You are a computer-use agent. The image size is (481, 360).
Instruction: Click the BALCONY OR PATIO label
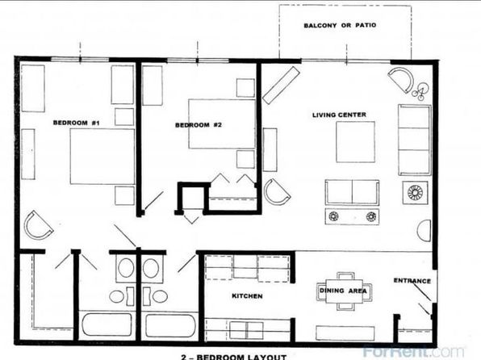(x=340, y=25)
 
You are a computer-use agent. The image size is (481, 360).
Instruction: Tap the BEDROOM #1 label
(x=77, y=123)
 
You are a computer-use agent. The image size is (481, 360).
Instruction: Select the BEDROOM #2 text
(x=199, y=125)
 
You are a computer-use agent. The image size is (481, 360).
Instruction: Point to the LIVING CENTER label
(x=339, y=115)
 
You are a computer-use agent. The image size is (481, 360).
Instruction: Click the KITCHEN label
(x=247, y=296)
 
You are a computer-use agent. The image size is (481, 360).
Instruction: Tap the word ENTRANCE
(x=412, y=281)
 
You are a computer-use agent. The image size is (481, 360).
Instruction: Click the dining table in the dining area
(x=344, y=291)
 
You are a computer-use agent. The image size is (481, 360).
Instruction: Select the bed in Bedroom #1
(x=102, y=157)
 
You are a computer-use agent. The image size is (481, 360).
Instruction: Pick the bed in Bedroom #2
(x=222, y=124)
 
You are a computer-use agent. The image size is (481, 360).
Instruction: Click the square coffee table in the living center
(x=356, y=142)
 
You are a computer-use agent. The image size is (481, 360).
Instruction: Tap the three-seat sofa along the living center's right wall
(x=415, y=140)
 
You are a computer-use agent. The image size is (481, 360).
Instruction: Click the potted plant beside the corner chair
(x=420, y=92)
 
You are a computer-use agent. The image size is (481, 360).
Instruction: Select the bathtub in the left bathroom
(x=107, y=325)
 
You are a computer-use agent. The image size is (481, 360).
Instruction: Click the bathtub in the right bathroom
(x=170, y=325)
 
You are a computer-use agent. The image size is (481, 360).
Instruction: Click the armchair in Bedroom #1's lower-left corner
(x=38, y=225)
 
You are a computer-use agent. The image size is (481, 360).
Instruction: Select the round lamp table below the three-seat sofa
(x=415, y=193)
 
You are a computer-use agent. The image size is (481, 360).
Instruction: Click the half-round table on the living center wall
(x=424, y=231)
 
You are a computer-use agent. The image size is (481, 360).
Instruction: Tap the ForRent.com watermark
(x=413, y=351)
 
